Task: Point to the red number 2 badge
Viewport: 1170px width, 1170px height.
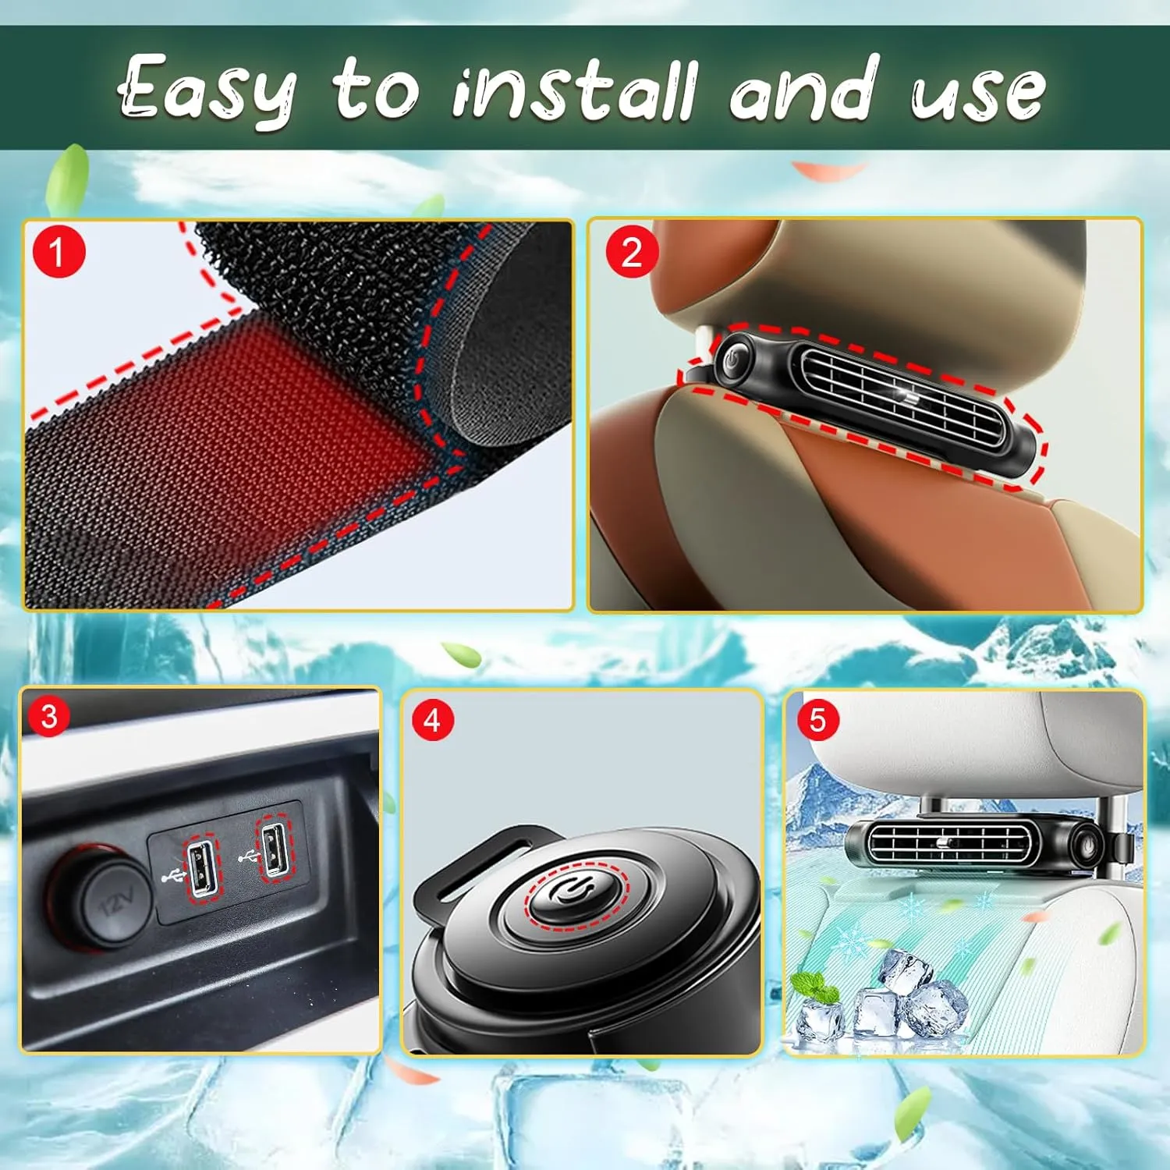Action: click(x=632, y=252)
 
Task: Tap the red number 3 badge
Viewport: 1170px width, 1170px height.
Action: click(x=48, y=716)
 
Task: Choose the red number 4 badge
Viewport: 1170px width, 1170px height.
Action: click(x=432, y=720)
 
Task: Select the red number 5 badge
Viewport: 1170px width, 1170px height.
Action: click(x=817, y=720)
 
